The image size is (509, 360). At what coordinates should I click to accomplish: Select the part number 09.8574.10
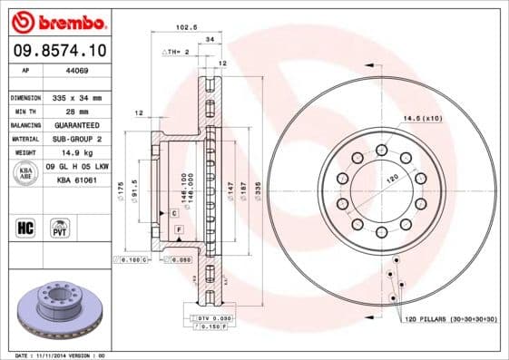coord(59,51)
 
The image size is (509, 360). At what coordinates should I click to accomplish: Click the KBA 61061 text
coord(76,180)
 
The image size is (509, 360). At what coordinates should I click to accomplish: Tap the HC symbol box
coord(25,225)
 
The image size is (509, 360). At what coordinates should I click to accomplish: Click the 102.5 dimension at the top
coord(187,26)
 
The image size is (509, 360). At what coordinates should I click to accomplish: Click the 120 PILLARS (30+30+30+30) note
coord(448,321)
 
